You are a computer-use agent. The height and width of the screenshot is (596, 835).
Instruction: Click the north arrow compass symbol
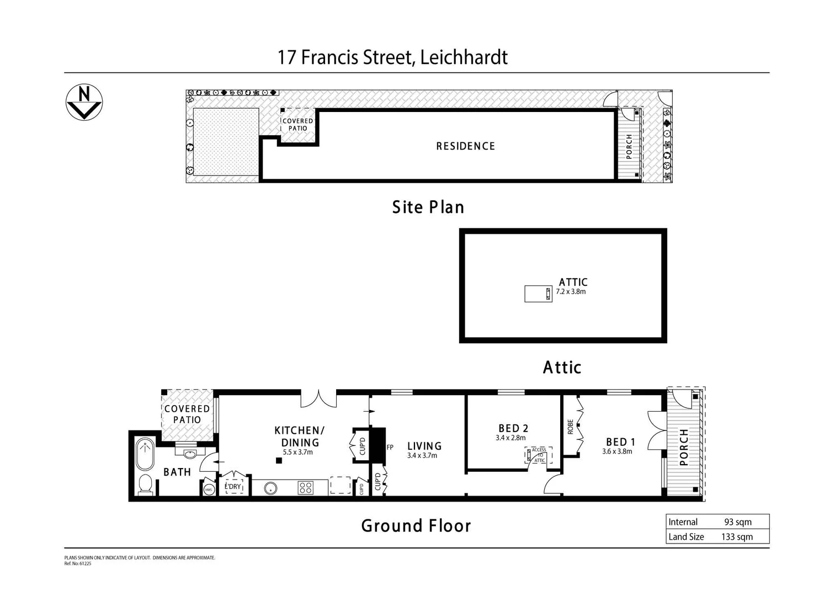[84, 103]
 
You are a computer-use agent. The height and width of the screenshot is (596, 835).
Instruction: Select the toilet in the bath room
[146, 484]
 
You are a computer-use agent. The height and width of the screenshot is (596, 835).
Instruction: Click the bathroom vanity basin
[190, 454]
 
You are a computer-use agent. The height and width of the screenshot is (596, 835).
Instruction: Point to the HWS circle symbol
[209, 489]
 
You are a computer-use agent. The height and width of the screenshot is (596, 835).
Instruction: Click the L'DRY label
[234, 487]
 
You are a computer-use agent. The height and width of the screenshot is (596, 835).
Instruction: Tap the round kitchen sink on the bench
[270, 488]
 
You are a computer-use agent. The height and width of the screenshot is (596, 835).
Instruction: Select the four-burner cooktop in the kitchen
[305, 488]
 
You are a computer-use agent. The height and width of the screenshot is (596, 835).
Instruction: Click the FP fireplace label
[390, 448]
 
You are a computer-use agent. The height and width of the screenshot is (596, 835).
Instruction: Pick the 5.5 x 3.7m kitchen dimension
[297, 452]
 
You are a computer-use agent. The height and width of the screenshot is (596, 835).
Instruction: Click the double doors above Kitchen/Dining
[318, 398]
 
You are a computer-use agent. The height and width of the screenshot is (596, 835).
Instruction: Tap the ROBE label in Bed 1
[570, 427]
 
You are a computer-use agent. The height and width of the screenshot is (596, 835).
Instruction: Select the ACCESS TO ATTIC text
[539, 455]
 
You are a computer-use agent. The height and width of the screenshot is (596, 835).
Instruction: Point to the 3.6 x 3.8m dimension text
[617, 451]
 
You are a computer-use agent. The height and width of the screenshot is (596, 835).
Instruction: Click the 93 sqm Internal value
[737, 522]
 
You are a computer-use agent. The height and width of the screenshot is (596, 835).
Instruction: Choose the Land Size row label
[686, 537]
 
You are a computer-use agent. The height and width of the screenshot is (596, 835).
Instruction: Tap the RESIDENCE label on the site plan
[465, 146]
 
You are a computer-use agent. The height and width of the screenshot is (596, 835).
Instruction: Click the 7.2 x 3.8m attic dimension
[571, 291]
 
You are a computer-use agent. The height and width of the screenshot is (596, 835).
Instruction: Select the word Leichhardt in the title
[464, 57]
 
